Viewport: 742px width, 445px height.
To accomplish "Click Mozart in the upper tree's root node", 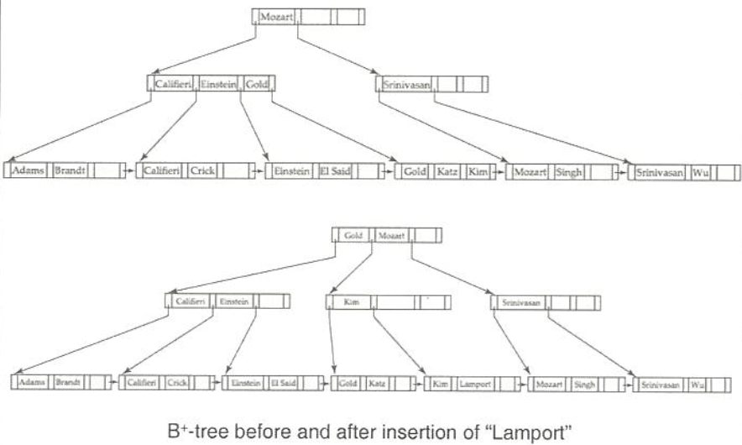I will click(x=276, y=17).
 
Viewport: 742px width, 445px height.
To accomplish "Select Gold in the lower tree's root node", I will click(x=353, y=236).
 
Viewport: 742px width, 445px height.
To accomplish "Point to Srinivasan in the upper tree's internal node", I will click(x=404, y=84).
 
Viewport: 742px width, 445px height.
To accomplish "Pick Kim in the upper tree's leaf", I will click(x=476, y=171).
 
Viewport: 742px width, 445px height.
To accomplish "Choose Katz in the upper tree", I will click(x=446, y=171).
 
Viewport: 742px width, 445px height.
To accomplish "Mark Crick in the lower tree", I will click(x=177, y=384).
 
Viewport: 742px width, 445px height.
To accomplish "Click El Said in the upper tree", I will click(x=333, y=171).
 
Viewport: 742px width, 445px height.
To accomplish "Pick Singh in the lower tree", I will click(x=583, y=384).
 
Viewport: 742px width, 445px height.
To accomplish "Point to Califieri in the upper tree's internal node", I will click(x=173, y=84).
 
